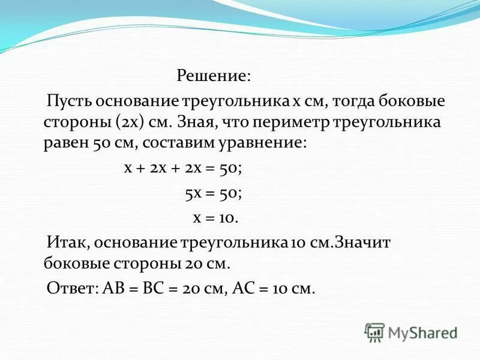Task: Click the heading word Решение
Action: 214,77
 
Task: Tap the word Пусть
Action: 68,100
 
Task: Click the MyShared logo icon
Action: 375,331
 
